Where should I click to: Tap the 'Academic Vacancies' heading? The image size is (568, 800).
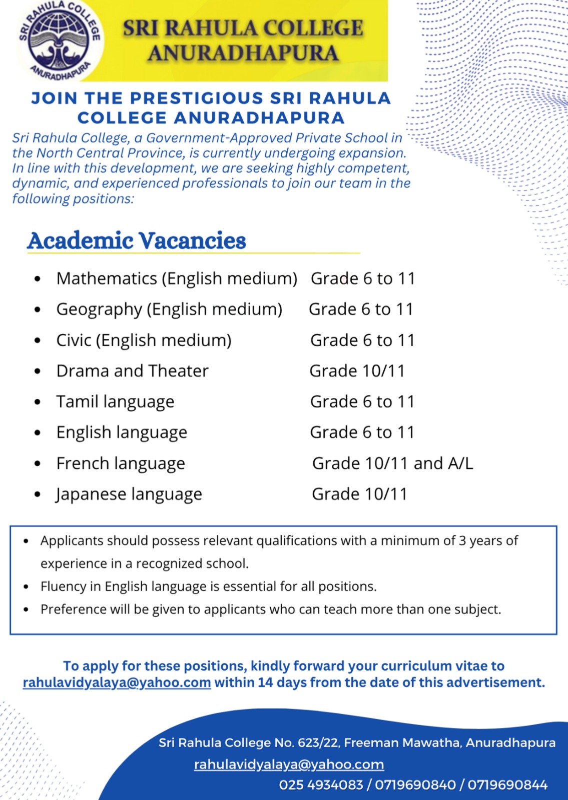(137, 240)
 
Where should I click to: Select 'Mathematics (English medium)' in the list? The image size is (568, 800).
(177, 278)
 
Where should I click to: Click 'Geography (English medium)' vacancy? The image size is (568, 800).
(169, 309)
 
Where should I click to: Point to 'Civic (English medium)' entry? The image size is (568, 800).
(144, 340)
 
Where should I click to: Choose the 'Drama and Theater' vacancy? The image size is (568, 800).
(132, 371)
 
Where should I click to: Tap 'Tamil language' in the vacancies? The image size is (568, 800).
(115, 401)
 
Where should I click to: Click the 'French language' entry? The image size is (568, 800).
(121, 463)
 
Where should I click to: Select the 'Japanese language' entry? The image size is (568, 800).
(129, 494)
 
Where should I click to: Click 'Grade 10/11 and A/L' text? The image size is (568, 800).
(392, 463)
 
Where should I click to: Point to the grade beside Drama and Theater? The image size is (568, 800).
(357, 371)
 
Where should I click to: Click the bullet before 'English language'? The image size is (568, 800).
(38, 433)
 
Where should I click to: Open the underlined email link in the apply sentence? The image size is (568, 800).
(117, 682)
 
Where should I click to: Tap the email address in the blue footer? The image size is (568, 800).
(289, 764)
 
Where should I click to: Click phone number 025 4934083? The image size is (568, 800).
(321, 785)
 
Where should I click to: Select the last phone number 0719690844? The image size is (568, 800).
(507, 785)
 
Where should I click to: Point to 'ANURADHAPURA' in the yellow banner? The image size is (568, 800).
(243, 53)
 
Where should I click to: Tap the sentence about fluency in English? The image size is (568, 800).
(208, 586)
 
